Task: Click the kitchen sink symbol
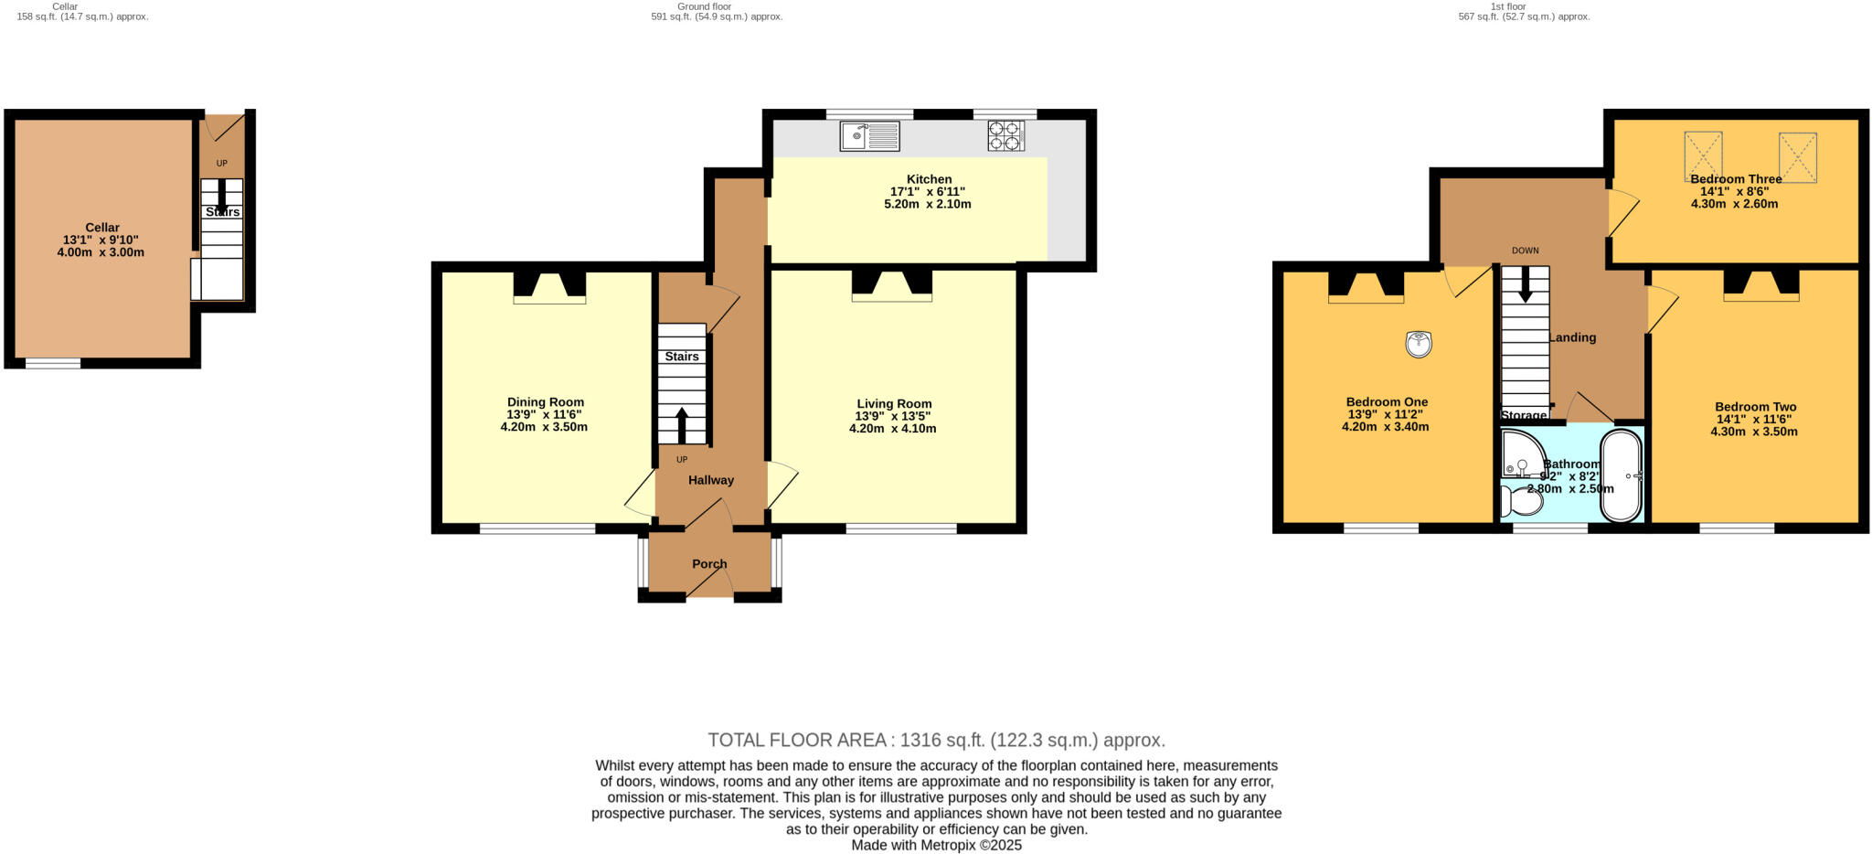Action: pyautogui.click(x=870, y=137)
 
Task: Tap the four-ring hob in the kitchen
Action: pyautogui.click(x=1005, y=135)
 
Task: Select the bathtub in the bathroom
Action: pyautogui.click(x=1622, y=475)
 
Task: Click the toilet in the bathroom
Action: pyautogui.click(x=1521, y=501)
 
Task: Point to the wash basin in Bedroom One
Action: pyautogui.click(x=1418, y=344)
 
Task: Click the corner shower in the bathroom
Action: pyautogui.click(x=1519, y=455)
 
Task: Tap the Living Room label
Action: pyautogui.click(x=894, y=403)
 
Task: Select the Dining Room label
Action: pyautogui.click(x=546, y=401)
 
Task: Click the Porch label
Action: pyautogui.click(x=709, y=563)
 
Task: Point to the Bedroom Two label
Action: pyautogui.click(x=1755, y=407)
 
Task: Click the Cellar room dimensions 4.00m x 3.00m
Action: pyautogui.click(x=101, y=252)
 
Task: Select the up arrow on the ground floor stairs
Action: pyautogui.click(x=682, y=424)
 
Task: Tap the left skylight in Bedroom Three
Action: pyautogui.click(x=1703, y=155)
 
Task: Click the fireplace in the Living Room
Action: pyautogui.click(x=892, y=284)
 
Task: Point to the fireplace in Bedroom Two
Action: pyautogui.click(x=1761, y=284)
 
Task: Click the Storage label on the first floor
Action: pyautogui.click(x=1524, y=415)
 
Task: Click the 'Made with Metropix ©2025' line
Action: pyautogui.click(x=936, y=845)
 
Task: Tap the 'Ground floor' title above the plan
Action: pyautogui.click(x=704, y=6)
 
